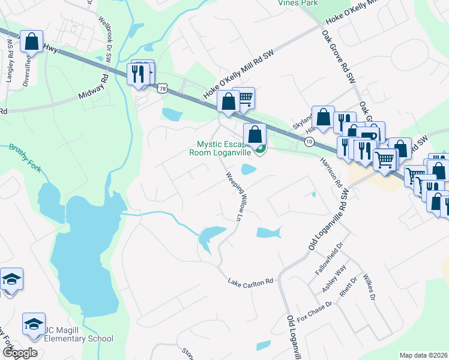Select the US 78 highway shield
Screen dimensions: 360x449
point(162,88)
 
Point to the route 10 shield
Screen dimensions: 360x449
point(309,142)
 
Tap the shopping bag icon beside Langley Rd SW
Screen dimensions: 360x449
point(32,43)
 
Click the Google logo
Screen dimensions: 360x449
point(20,353)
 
